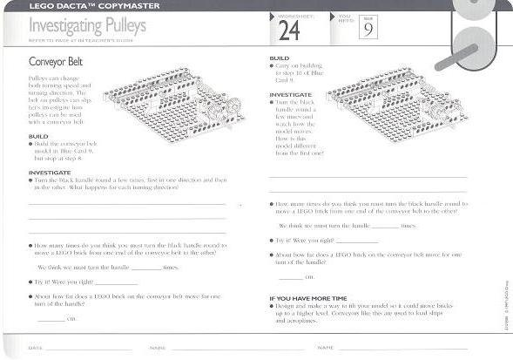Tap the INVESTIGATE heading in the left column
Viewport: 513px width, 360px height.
[x=50, y=172]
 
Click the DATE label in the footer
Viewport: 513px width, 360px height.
[x=35, y=347]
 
